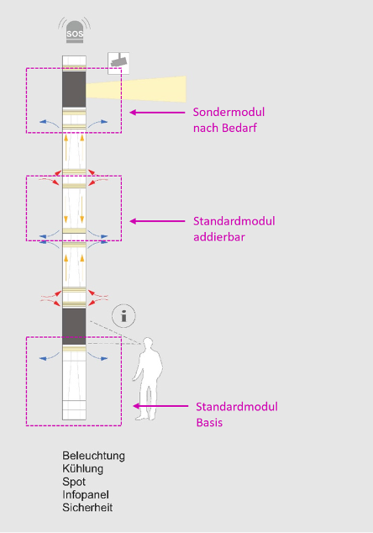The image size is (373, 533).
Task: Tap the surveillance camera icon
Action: click(118, 63)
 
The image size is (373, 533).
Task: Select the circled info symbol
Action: click(123, 316)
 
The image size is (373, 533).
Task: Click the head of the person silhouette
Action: click(148, 344)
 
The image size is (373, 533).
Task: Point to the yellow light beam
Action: click(136, 89)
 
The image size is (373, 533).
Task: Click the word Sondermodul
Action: click(229, 112)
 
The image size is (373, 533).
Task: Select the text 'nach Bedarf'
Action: click(225, 128)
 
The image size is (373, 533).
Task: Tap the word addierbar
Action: click(219, 237)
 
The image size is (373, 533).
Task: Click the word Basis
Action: click(209, 423)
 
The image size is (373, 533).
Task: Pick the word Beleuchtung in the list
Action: click(93, 456)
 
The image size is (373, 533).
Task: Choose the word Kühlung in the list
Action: click(82, 469)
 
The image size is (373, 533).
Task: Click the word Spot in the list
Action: click(74, 482)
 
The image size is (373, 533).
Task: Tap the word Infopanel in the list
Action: click(86, 494)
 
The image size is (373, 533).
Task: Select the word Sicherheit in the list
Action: click(87, 508)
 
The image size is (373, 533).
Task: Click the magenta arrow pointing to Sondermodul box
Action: click(157, 112)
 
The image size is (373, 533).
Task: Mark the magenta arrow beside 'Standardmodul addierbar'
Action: click(157, 221)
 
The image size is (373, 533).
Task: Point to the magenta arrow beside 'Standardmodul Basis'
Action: click(160, 406)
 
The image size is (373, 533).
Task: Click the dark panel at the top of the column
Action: click(74, 89)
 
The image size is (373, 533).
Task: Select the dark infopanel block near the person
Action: click(74, 326)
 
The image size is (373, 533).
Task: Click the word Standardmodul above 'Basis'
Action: click(237, 407)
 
